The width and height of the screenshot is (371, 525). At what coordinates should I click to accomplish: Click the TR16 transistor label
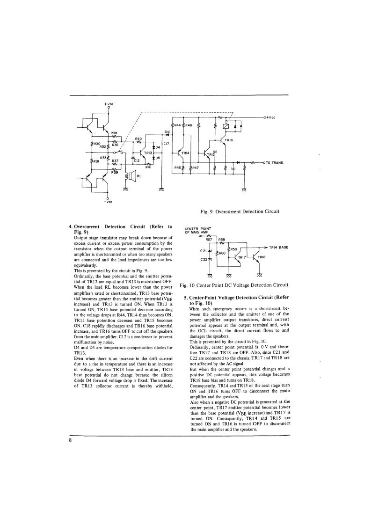coord(229,140)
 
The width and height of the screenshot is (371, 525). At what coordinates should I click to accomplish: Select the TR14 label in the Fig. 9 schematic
coord(186,153)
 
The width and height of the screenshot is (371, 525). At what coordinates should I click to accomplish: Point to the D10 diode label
coord(167,131)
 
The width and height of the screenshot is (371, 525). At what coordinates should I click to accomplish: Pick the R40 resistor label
coord(138,139)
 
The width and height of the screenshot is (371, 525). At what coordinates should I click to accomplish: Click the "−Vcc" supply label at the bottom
coord(108,202)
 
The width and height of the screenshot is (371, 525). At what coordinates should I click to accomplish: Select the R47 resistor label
coord(196,168)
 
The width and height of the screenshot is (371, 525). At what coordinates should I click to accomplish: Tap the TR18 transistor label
coord(261,257)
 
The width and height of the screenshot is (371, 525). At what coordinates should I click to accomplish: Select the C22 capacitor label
coord(203,259)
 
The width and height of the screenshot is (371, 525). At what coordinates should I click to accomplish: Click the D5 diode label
coord(158,158)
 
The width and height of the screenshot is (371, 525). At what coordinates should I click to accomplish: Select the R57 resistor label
coord(209,239)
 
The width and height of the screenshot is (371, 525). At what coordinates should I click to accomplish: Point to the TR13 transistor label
coord(148,153)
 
